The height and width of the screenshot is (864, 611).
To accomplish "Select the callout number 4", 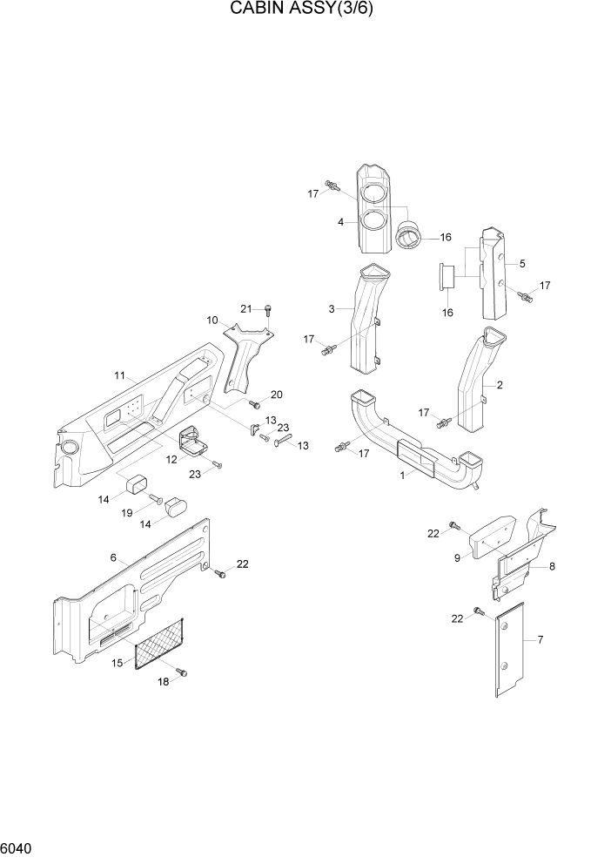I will (341, 222).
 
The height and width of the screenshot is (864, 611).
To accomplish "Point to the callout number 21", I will (246, 309).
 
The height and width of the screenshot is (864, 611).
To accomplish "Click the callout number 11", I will (120, 375).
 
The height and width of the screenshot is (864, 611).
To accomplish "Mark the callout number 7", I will (540, 641).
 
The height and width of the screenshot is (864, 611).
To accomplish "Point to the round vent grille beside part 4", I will (408, 235).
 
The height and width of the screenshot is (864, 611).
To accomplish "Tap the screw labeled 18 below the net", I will (182, 672).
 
